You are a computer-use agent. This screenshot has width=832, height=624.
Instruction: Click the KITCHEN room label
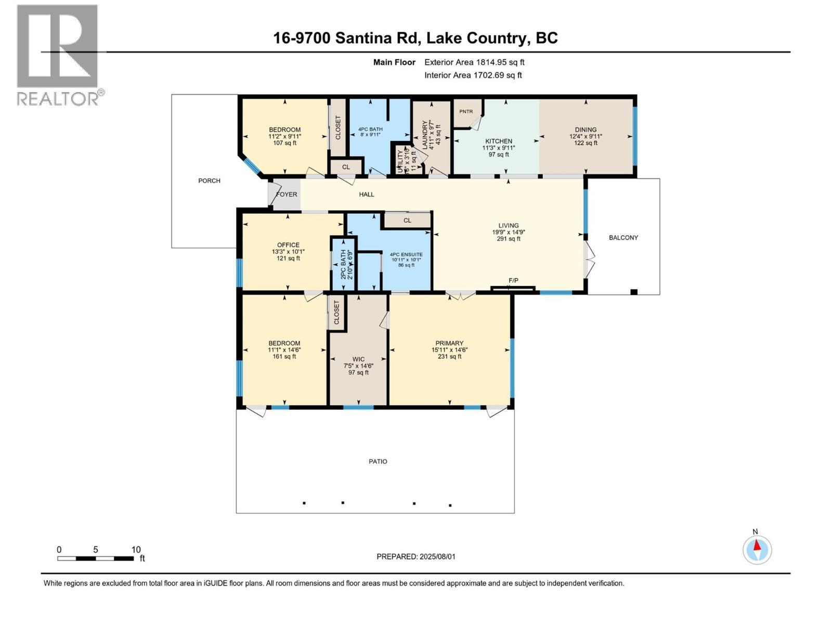[x=498, y=141]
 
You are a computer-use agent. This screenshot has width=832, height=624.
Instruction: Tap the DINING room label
[x=586, y=130]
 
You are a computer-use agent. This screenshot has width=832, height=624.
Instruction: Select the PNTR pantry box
[x=466, y=112]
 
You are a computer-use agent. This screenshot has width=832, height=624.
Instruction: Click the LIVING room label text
[x=508, y=226]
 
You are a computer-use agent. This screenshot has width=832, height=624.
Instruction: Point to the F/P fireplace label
[x=513, y=281]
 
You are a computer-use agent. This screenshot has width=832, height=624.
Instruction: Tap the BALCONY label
[x=623, y=238]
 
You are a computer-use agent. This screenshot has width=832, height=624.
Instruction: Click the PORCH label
[x=209, y=181]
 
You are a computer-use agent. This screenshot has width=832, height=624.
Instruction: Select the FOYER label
[x=287, y=194]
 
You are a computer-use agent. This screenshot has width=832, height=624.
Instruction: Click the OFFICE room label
[x=288, y=245]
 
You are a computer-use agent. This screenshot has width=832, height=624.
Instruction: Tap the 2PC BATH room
[x=344, y=265]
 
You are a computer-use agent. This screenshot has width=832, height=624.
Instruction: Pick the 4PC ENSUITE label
[x=406, y=255]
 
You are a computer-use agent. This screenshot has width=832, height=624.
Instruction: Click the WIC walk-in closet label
[x=358, y=359]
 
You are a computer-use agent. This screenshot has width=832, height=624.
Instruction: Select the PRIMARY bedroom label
[x=449, y=343]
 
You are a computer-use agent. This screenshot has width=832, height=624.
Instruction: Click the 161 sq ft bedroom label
[x=284, y=350]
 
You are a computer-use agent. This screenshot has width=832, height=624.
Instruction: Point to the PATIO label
[x=378, y=462]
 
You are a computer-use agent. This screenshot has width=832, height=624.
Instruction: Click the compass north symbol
[x=757, y=549]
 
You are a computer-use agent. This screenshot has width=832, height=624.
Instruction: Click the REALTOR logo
[x=58, y=55]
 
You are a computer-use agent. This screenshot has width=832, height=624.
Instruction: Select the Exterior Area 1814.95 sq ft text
[x=474, y=62]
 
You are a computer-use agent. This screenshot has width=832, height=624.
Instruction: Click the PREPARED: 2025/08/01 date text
[x=415, y=556]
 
